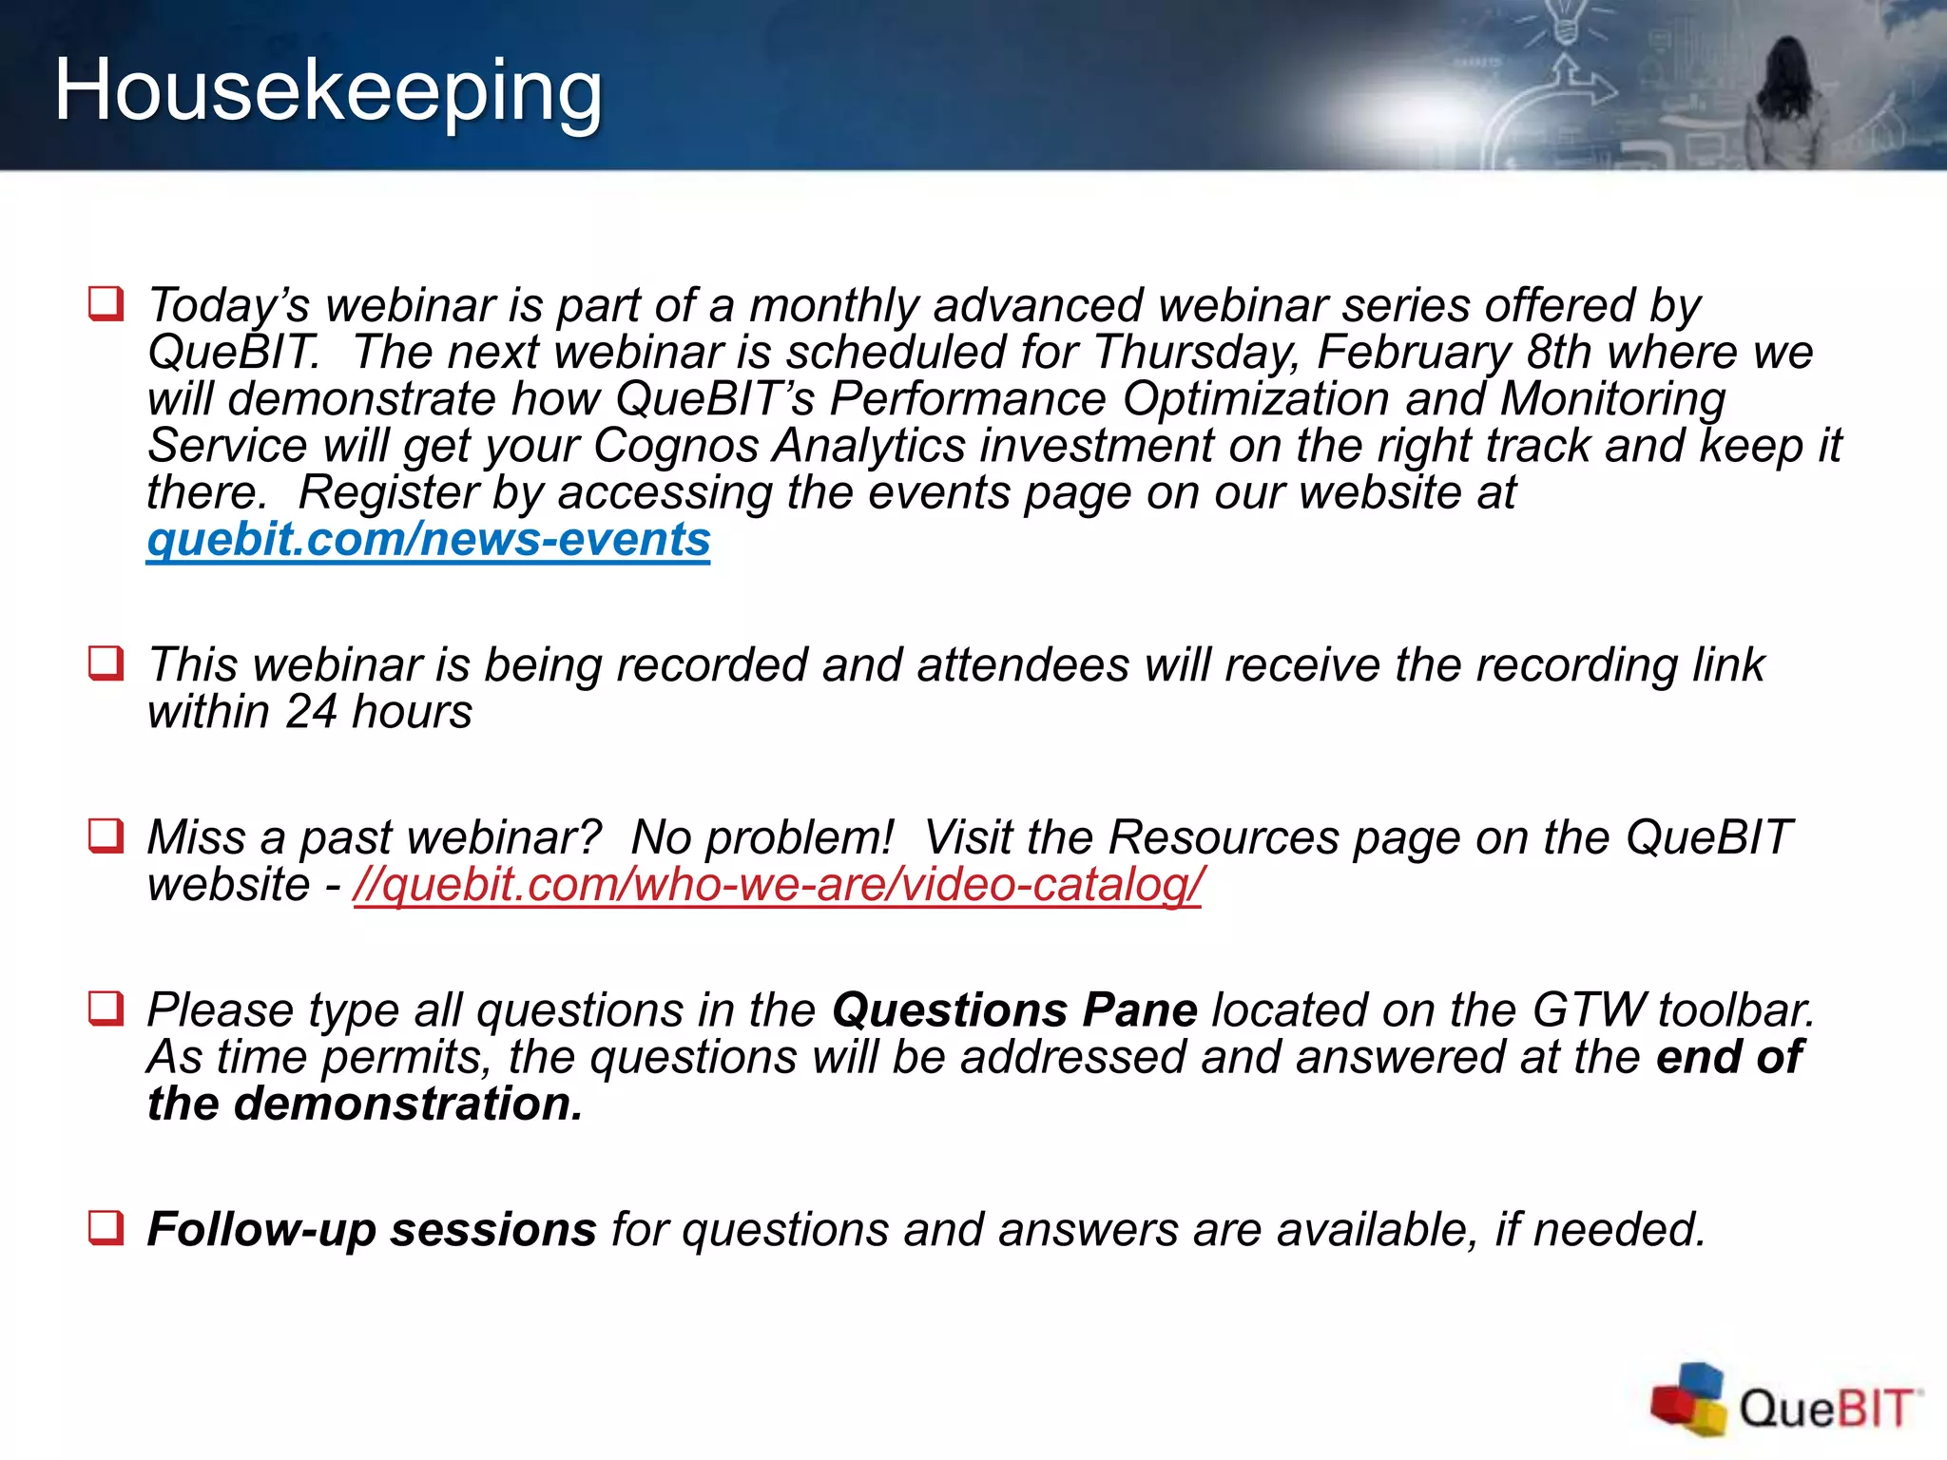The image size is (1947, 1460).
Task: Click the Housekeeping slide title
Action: (328, 90)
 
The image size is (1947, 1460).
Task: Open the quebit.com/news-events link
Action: (428, 540)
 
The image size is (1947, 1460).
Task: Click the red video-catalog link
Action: (777, 885)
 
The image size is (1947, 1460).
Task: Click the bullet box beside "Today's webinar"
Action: (106, 304)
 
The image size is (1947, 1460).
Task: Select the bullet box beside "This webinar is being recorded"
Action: (106, 663)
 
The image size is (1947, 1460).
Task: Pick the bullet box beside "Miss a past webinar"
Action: (106, 836)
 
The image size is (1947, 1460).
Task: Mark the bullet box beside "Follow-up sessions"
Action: (106, 1227)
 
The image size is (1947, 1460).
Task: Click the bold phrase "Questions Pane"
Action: (1014, 1010)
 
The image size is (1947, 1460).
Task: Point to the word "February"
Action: (1414, 352)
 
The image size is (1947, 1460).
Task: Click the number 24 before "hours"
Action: (311, 712)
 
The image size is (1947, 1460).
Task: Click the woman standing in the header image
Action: (1787, 105)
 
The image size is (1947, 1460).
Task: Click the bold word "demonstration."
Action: (408, 1105)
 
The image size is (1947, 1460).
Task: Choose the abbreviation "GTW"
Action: (1590, 1010)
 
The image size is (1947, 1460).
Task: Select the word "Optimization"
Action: (1256, 398)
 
